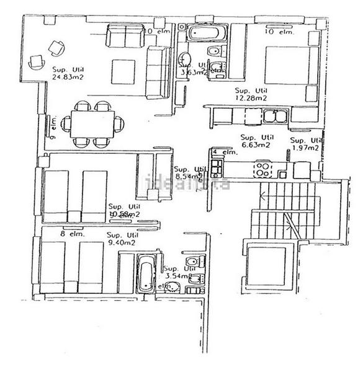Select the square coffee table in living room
point(125,71)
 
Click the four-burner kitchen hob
point(263,167)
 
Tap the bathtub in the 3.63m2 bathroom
point(200,32)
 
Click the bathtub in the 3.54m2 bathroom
point(145,275)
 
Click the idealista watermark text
point(187,184)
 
